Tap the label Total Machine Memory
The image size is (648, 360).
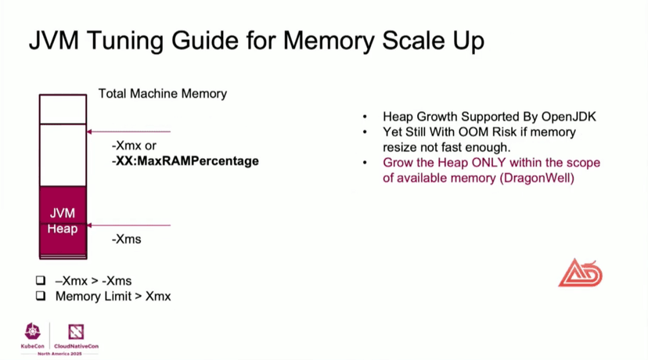[162, 93]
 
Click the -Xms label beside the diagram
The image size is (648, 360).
[126, 239]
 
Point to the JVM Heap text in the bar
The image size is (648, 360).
[63, 220]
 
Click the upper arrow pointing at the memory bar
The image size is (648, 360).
[128, 131]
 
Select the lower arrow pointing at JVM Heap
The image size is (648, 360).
[128, 225]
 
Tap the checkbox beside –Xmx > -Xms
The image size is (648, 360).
[41, 280]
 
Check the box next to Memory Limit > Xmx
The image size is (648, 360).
[41, 297]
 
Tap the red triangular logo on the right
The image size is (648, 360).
[580, 272]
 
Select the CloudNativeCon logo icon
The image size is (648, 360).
[75, 331]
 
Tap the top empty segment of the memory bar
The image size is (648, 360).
[63, 110]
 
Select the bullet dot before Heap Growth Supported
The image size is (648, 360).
[365, 116]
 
